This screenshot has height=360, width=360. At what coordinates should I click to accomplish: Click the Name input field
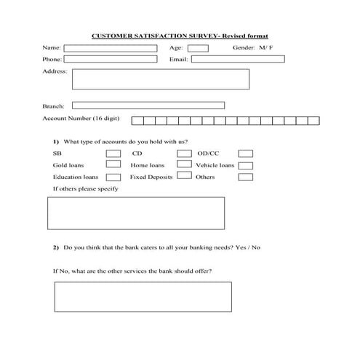(111, 48)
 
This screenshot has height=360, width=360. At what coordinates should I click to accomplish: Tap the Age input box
(197, 48)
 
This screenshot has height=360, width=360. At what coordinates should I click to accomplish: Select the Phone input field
(111, 59)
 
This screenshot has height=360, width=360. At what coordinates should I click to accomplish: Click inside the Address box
(160, 79)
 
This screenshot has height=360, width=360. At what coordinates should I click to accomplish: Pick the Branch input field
(148, 105)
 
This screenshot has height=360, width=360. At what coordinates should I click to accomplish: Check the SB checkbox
(113, 154)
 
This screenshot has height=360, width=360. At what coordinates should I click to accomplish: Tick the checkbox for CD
(183, 154)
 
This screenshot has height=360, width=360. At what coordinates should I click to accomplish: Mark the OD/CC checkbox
(246, 154)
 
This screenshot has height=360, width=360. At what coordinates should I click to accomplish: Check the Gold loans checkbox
(113, 165)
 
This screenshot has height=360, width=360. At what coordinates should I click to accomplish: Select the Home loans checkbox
(183, 165)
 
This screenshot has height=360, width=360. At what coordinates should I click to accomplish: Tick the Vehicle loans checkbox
(246, 165)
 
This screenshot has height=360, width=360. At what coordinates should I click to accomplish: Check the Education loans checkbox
(113, 177)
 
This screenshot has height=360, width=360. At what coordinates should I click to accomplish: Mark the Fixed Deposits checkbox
(183, 177)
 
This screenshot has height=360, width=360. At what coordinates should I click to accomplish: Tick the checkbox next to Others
(246, 177)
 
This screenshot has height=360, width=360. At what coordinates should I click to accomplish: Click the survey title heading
(180, 35)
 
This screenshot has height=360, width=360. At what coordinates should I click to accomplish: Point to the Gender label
(244, 48)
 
